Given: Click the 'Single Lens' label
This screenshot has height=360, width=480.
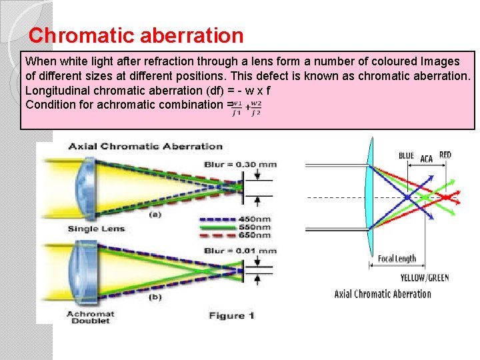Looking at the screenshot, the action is (93, 229).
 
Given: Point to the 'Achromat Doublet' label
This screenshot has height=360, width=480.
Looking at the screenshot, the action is (90, 317).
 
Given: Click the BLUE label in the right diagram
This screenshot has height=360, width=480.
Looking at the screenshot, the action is (406, 156).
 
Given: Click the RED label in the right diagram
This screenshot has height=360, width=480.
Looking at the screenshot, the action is (445, 155).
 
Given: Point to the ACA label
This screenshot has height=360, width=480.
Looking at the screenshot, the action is (427, 158).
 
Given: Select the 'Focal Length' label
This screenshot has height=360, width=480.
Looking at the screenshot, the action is (397, 259).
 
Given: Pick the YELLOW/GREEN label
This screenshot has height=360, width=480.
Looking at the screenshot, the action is (425, 277).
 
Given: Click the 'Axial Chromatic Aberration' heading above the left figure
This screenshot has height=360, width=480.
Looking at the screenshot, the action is (145, 146).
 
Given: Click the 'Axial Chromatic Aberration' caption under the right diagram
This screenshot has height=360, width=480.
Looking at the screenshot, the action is (383, 294).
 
